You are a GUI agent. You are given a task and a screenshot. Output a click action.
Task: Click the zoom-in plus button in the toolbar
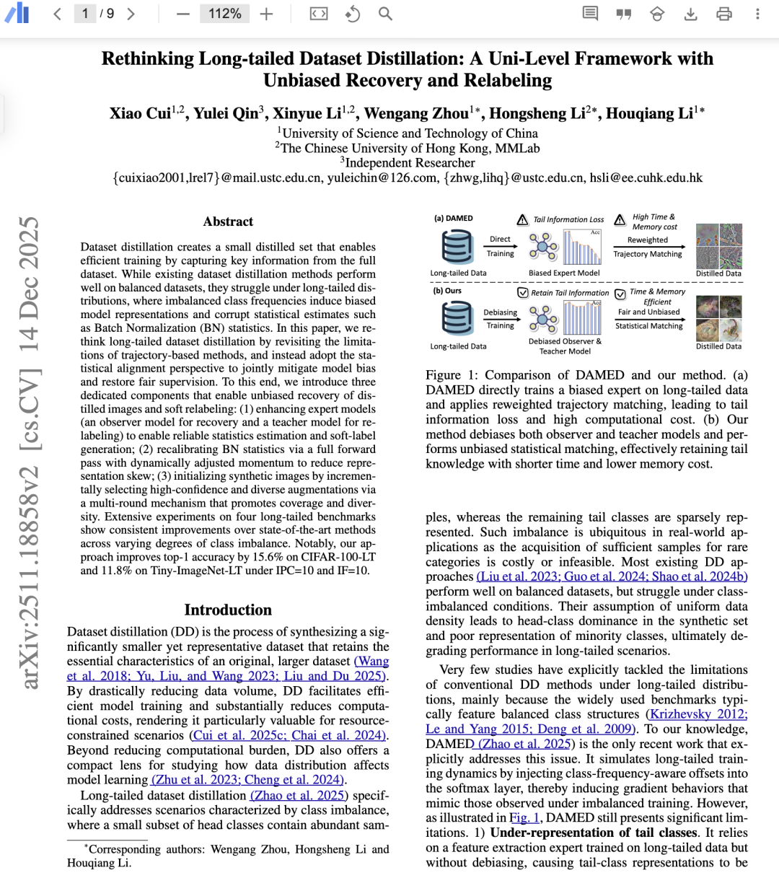coord(267,14)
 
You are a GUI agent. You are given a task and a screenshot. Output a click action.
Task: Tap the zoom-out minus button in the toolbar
coord(183,14)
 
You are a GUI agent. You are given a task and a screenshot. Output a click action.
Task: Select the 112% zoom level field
coord(224,14)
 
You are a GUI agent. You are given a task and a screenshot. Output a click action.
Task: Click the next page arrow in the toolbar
coord(131,14)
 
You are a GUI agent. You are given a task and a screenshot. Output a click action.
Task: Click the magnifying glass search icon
coord(385,14)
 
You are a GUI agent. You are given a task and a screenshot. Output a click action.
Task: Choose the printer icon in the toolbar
coord(724,14)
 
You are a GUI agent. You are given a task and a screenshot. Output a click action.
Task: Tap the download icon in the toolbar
coord(690,14)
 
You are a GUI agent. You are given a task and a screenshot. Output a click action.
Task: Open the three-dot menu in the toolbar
coord(757,14)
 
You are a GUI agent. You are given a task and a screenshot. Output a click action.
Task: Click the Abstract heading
coord(228,221)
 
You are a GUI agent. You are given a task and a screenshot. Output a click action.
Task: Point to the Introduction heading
coord(228,610)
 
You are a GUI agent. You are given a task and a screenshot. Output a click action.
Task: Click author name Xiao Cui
coord(140,113)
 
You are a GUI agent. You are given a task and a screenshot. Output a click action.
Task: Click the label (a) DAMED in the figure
coord(453,218)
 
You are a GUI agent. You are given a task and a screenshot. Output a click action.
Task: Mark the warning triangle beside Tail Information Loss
coord(523,219)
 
